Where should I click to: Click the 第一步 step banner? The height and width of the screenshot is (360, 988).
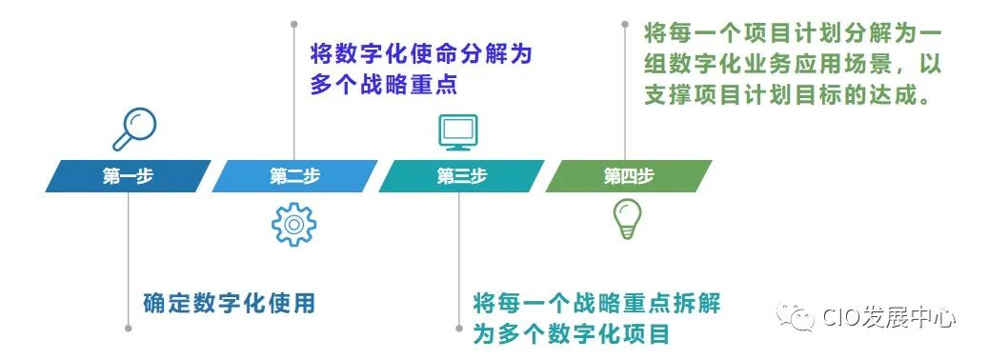pos(128,176)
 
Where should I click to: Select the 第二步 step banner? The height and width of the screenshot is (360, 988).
pos(294,176)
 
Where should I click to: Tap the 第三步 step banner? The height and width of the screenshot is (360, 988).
pos(461,176)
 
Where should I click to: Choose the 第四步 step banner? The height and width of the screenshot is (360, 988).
pos(628,176)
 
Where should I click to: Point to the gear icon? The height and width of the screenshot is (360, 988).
pos(293,225)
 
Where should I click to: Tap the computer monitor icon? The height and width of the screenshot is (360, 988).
pos(457,131)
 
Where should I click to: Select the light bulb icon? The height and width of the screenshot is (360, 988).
pos(626,219)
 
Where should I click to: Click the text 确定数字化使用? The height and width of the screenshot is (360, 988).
pos(229,304)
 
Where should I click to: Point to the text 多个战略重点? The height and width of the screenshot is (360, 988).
pos(384,84)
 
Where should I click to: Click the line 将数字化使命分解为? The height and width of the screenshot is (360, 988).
pos(420,54)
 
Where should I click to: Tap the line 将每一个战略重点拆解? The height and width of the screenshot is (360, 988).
pos(597,304)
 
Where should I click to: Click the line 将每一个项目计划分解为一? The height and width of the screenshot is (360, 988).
pos(793,33)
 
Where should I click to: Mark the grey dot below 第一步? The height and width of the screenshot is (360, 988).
pos(128,330)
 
